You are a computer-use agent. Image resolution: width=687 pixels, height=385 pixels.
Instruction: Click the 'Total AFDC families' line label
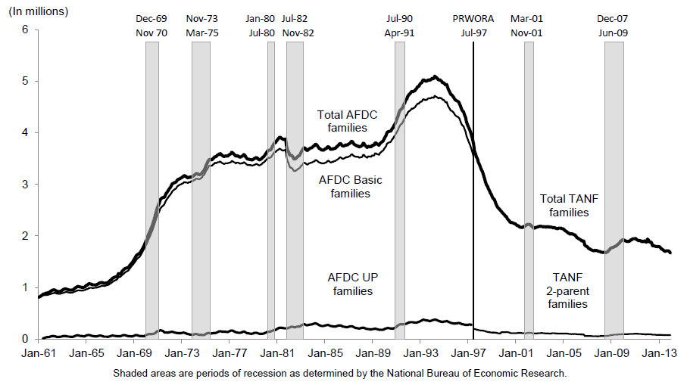(x=347, y=121)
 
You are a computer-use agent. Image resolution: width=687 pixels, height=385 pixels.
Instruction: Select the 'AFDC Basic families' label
(x=349, y=187)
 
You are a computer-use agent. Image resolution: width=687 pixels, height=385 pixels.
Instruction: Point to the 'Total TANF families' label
(x=569, y=206)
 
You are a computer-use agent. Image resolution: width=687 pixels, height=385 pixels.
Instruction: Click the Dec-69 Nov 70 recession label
(x=151, y=26)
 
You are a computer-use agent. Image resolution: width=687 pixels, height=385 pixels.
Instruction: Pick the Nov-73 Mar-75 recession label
(x=201, y=26)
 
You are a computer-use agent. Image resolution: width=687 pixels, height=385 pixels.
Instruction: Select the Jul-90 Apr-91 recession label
(x=399, y=26)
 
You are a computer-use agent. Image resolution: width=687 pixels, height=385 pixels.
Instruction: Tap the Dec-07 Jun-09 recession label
(x=613, y=26)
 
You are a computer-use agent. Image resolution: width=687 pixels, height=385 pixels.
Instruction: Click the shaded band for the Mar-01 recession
(x=529, y=189)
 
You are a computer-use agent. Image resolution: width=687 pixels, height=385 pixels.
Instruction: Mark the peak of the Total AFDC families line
(x=434, y=76)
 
